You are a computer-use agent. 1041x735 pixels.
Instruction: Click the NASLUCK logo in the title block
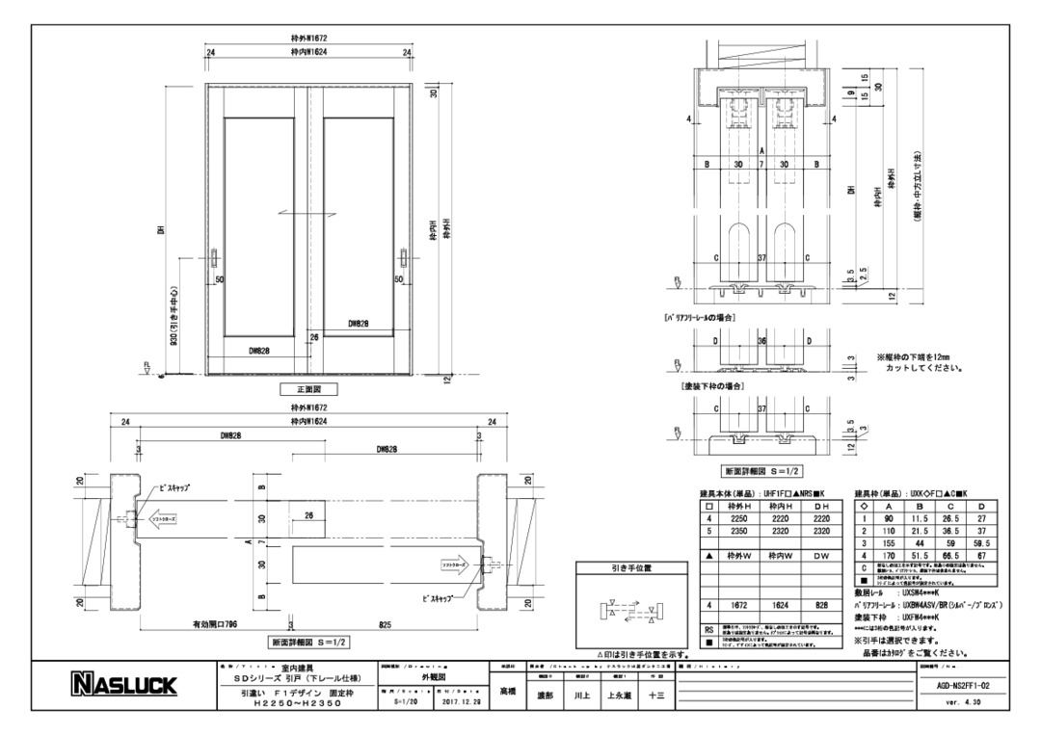point(124,685)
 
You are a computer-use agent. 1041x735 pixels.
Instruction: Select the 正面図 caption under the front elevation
point(308,390)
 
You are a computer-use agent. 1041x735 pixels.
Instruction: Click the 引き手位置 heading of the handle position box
point(631,568)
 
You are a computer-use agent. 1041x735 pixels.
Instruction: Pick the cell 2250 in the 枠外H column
point(738,517)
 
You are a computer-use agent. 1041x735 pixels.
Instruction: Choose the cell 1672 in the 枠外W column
point(738,605)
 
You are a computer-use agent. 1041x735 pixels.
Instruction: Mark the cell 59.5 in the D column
point(983,543)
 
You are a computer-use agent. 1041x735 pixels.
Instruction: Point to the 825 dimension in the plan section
point(386,623)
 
